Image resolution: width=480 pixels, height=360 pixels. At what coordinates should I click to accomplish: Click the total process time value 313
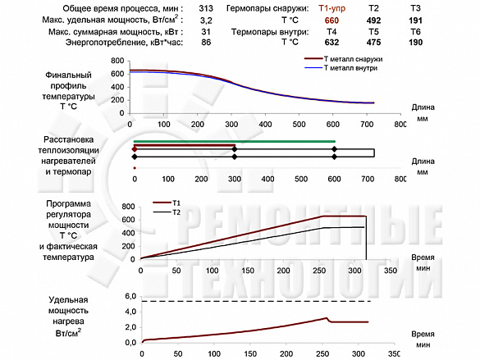(x=206, y=8)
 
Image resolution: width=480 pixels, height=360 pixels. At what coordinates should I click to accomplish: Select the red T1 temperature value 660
(x=331, y=21)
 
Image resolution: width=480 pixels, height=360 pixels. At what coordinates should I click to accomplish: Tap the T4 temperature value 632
(x=331, y=42)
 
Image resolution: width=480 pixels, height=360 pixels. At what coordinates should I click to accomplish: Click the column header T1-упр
(x=331, y=8)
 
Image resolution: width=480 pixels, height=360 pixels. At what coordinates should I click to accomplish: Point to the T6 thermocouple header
(x=415, y=31)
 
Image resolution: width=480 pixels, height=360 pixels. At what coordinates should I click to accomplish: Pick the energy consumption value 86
(x=206, y=42)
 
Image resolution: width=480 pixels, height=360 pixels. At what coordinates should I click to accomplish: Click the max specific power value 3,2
(x=206, y=21)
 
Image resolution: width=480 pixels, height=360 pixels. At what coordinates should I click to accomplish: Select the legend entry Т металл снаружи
(x=344, y=59)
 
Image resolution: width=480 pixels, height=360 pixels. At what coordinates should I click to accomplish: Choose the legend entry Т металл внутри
(x=341, y=68)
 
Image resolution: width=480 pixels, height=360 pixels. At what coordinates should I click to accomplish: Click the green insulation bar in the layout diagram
(x=235, y=141)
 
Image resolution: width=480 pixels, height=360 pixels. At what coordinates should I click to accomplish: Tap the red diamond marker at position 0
(x=134, y=149)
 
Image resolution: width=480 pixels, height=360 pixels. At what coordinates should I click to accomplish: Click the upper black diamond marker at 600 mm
(x=334, y=149)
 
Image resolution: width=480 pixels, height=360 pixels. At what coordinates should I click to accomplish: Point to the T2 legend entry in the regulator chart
(x=167, y=212)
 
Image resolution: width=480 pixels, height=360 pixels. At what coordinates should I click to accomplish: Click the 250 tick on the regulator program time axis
(x=319, y=271)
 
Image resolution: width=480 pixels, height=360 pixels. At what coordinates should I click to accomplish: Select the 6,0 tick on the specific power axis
(x=130, y=296)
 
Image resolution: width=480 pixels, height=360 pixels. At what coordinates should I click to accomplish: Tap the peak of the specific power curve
(x=327, y=318)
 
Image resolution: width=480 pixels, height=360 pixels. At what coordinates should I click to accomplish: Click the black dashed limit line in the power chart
(x=256, y=301)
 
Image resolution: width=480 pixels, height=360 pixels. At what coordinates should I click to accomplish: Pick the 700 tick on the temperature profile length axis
(x=367, y=124)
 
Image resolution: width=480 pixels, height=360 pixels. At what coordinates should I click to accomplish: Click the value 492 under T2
(x=373, y=21)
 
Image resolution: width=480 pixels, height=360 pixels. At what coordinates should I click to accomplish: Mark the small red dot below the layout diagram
(x=135, y=168)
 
